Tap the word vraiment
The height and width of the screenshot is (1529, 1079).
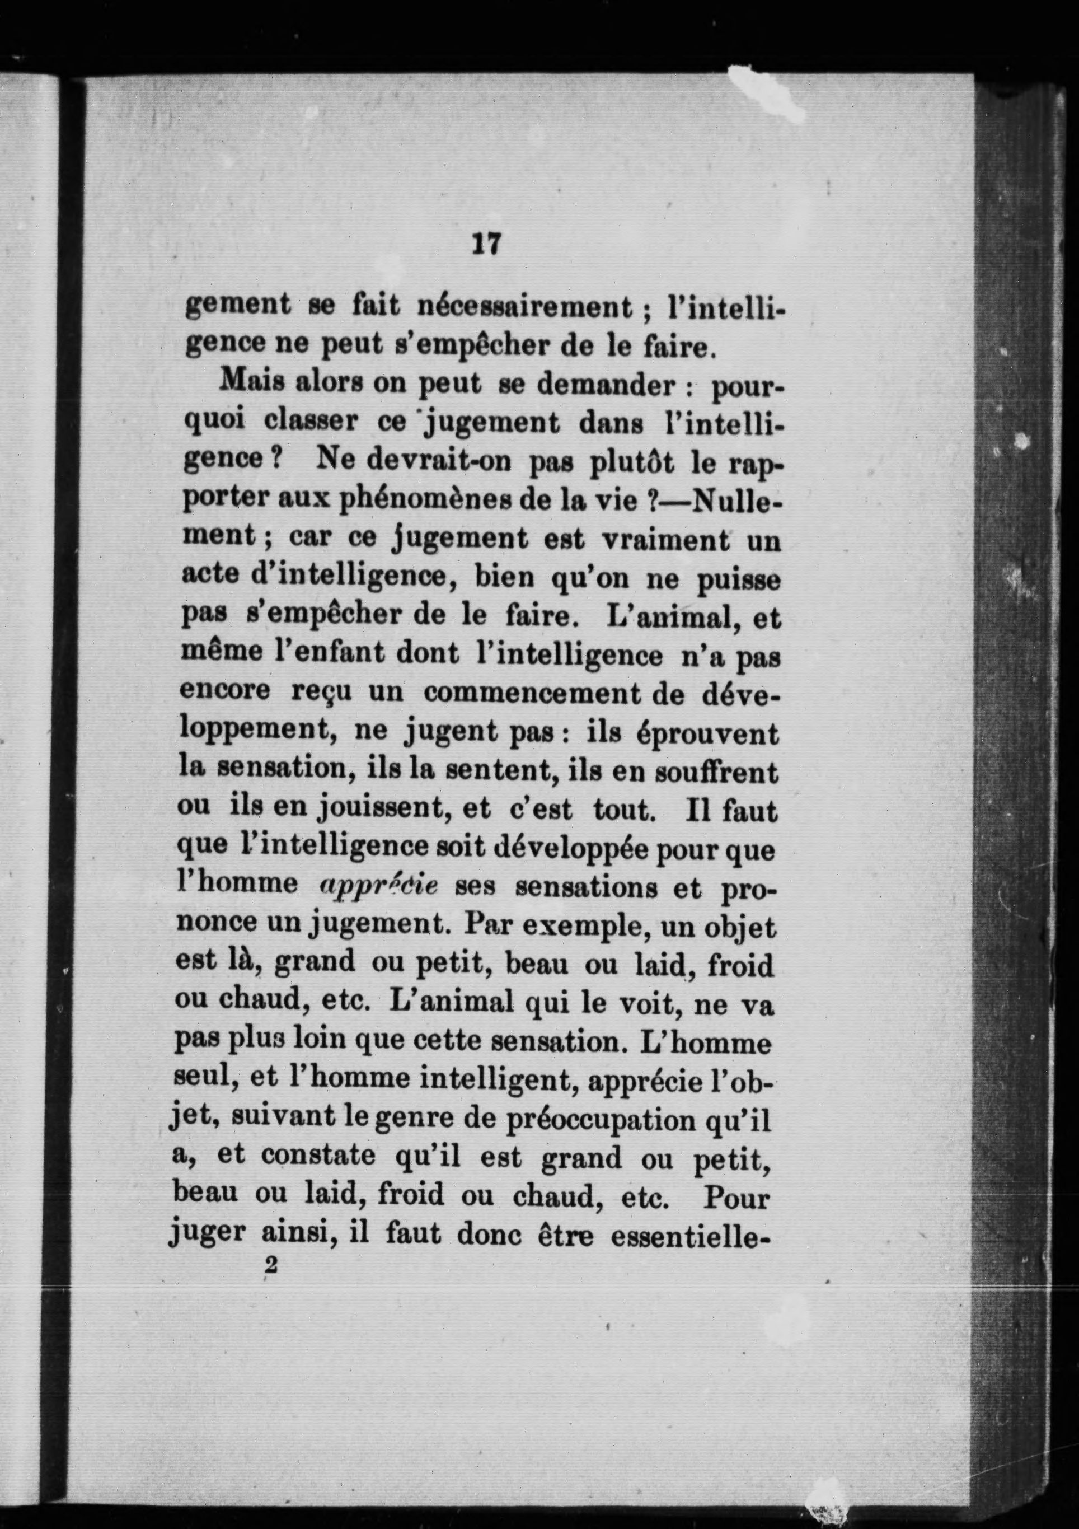tap(665, 539)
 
